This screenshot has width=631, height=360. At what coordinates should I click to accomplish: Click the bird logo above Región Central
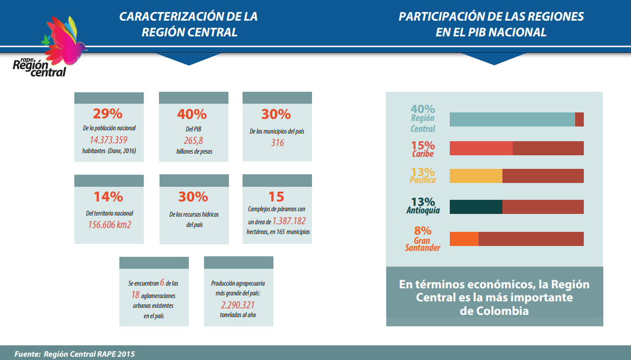coord(64,36)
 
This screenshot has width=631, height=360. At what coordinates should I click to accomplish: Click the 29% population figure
coord(107,114)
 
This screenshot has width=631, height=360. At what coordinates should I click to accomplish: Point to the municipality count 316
coord(277,143)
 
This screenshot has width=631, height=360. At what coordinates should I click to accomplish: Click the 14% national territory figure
coord(108,197)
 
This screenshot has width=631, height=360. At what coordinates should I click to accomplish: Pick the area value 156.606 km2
coord(110,224)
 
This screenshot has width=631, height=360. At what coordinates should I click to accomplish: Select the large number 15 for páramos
coord(276,197)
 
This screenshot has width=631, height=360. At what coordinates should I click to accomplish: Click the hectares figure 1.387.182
coord(289,222)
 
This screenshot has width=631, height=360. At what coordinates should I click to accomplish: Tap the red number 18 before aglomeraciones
coord(136,294)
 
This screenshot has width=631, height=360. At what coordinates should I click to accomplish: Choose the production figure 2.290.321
coord(239,305)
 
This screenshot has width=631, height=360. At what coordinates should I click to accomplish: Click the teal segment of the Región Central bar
coord(512,119)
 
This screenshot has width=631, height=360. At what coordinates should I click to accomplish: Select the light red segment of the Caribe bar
coord(481,148)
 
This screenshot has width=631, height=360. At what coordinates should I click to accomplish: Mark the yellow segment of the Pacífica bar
coord(476,176)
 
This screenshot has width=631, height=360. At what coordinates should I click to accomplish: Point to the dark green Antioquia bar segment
coord(476,207)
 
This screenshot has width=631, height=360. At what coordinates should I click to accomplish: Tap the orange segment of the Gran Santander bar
coord(464,239)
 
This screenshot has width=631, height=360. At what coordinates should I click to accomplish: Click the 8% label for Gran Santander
coord(423,231)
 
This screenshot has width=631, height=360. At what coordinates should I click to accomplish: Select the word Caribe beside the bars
coord(423,154)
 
